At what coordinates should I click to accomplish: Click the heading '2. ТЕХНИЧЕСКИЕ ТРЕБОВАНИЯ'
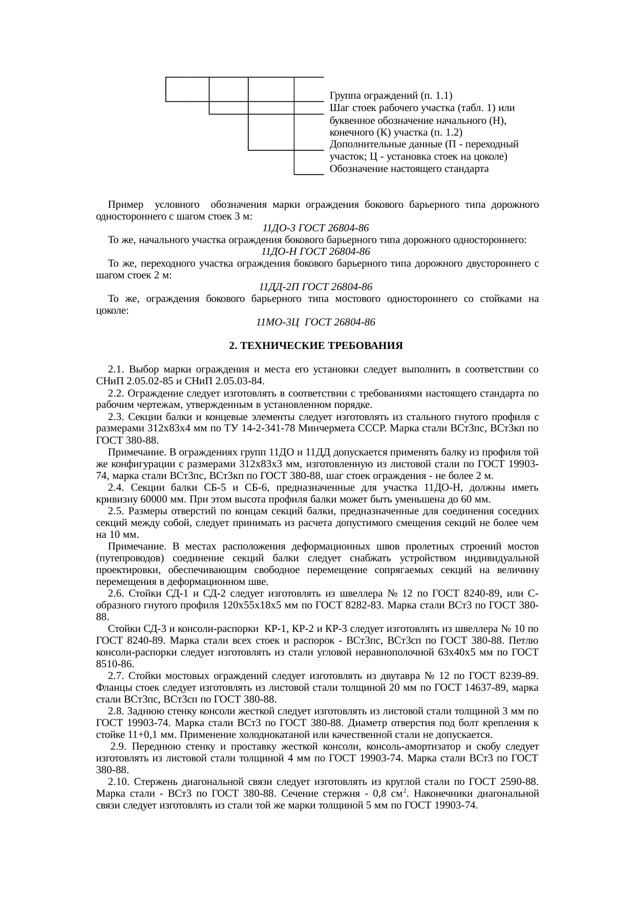[x=316, y=346]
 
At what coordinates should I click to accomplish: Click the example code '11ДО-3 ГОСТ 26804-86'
[x=316, y=228]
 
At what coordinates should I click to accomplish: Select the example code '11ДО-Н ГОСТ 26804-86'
[x=316, y=252]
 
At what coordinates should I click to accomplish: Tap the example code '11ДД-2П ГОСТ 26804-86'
[x=316, y=287]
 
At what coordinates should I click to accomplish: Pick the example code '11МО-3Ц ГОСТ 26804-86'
[x=316, y=322]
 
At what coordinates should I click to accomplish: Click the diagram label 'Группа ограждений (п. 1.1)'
[x=391, y=96]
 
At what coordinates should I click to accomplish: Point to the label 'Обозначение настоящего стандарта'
[x=409, y=168]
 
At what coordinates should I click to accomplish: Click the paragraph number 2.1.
[x=117, y=369]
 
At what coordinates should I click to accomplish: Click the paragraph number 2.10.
[x=119, y=782]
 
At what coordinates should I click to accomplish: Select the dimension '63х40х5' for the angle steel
[x=461, y=652]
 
